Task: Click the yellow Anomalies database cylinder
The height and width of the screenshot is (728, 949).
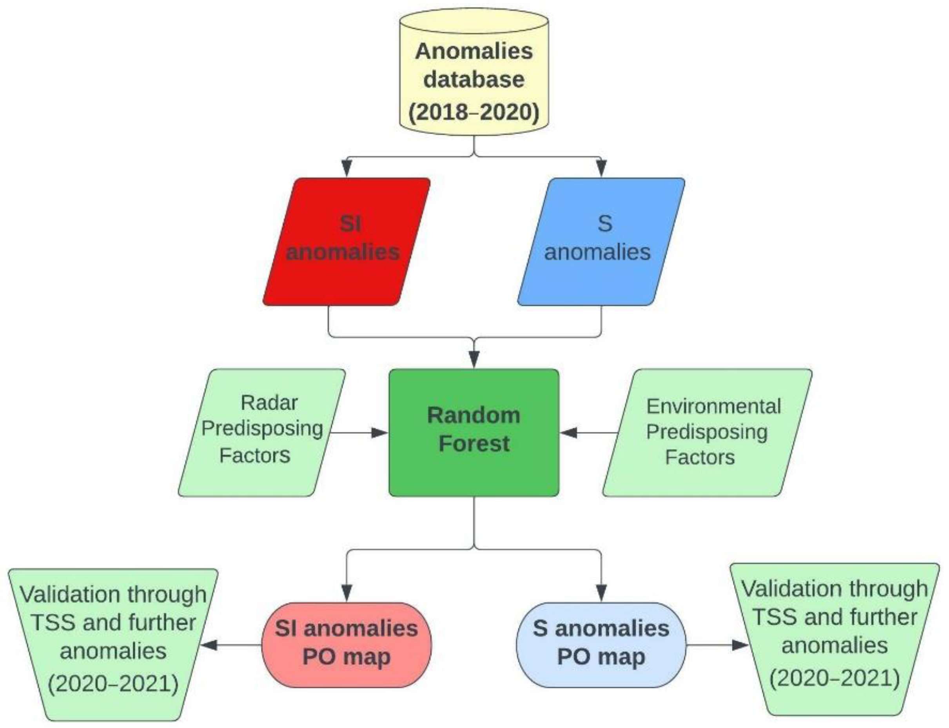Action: pos(474,74)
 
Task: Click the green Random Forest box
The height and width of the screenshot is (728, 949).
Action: pos(474,432)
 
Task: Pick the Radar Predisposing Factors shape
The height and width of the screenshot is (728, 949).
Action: pos(262,432)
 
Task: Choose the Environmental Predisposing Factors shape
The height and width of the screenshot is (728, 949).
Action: pos(707,432)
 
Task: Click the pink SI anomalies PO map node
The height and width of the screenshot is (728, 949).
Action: pos(346,644)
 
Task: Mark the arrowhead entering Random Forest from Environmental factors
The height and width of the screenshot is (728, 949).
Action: pos(568,432)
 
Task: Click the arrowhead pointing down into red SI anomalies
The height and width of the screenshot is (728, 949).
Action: pos(347,168)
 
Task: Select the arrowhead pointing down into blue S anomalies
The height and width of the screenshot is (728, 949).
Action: pos(601,168)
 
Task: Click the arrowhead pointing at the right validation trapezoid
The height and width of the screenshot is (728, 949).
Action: pos(740,645)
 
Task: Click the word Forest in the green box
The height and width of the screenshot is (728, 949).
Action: pos(474,444)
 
